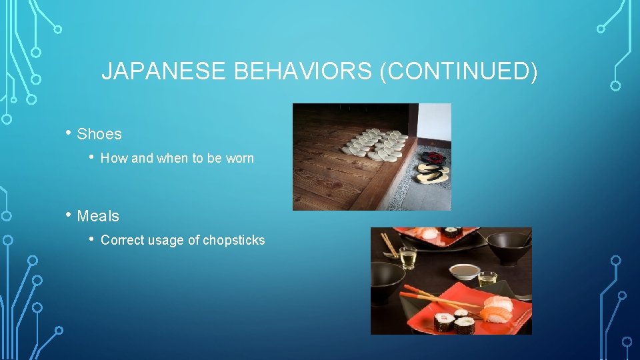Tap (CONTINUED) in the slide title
[458, 72]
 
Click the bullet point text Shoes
[99, 134]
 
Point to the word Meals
[98, 216]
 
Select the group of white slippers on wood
[375, 143]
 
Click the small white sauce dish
[465, 271]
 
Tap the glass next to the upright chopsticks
[408, 257]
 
